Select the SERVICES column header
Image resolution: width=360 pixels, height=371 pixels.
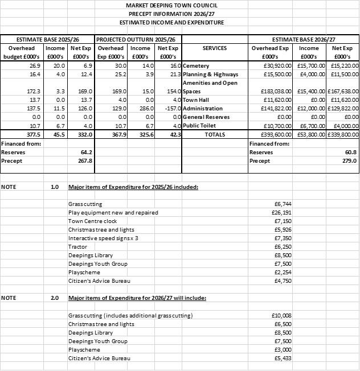click(214, 48)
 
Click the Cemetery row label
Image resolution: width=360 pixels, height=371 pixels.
click(196, 66)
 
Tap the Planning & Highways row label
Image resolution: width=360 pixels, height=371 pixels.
click(210, 75)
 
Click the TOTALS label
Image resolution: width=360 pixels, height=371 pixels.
click(214, 135)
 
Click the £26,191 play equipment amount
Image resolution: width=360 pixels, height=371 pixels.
click(283, 212)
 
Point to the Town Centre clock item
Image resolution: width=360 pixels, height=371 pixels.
click(92, 221)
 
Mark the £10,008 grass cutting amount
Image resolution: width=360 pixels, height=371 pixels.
click(283, 315)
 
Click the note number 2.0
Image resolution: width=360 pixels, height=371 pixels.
click(55, 298)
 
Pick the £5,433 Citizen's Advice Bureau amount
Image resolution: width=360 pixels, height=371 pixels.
click(283, 358)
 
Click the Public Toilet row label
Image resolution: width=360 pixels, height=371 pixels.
click(199, 126)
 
